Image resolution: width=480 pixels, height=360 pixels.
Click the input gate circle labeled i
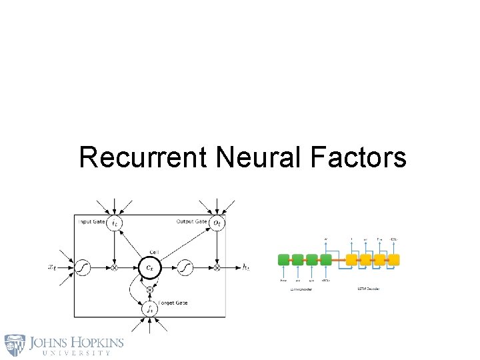coord(116,222)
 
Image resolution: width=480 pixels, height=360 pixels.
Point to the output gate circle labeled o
coord(217,222)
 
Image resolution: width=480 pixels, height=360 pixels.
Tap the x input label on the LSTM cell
coord(52,268)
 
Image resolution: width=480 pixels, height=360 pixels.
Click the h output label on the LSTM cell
coord(246,268)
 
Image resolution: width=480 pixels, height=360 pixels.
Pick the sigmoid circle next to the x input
coord(83,268)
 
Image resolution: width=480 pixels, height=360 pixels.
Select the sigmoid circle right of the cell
coord(185,268)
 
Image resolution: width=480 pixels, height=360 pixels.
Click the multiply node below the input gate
coord(116,268)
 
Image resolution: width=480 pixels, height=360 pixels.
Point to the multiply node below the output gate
coord(217,268)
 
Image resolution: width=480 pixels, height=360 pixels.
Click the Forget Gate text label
coord(173,303)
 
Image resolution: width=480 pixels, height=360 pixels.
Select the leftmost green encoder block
coord(283,260)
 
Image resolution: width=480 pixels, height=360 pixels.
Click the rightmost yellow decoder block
coord(394,260)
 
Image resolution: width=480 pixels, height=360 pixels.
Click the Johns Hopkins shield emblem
coord(15,345)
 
